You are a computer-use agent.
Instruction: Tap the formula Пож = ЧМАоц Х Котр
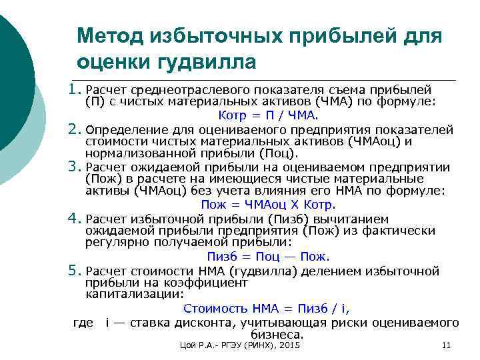pyautogui.click(x=268, y=205)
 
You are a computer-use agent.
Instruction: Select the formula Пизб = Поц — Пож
pyautogui.click(x=268, y=257)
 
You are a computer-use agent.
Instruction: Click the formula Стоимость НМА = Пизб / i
pyautogui.click(x=267, y=309)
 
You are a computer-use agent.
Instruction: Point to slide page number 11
pyautogui.click(x=447, y=345)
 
